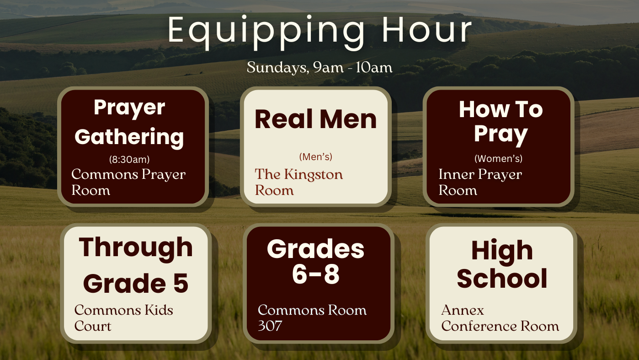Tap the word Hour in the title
[x=427, y=30]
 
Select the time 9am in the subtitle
[x=328, y=67]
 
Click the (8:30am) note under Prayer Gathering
[x=129, y=159]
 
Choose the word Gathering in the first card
[x=129, y=138]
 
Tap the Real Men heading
[x=315, y=119]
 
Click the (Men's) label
[x=315, y=157]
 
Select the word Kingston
[x=313, y=174]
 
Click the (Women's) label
[x=498, y=158]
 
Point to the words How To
[x=501, y=109]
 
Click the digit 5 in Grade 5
[x=181, y=283]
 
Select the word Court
[x=93, y=326]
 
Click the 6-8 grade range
[x=316, y=274]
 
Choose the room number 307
[x=270, y=326]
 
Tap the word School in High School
[x=502, y=279]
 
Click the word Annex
[x=463, y=310]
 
